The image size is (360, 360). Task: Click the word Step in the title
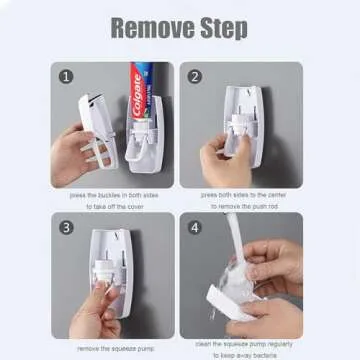[220, 27]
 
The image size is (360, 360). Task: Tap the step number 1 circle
[67, 76]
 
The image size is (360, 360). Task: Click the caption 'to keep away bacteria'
[241, 354]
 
